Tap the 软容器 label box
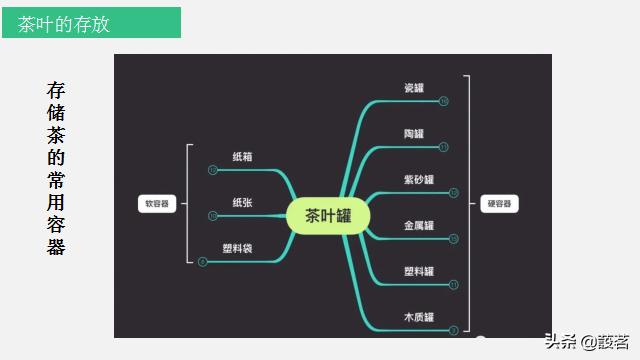coord(157,203)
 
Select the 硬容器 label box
coord(499,203)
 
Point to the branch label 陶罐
coord(414,134)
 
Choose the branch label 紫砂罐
coord(418,180)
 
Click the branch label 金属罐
coord(418,226)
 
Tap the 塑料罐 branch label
coord(418,272)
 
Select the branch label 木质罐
coord(418,318)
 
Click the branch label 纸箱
coord(243,157)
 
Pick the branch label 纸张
coord(243,203)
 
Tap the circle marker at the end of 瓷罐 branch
coord(444,101)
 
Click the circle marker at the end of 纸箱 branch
coord(213,170)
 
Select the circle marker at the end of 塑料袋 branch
coord(203,262)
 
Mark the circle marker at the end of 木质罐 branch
coord(453,330)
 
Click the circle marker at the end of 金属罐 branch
coord(453,239)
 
